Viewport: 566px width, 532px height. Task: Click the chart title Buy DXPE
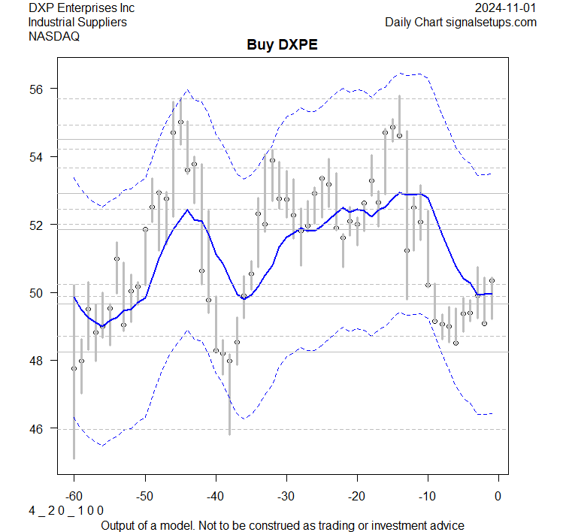282,45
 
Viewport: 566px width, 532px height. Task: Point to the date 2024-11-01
507,8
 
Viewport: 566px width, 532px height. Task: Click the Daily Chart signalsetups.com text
461,22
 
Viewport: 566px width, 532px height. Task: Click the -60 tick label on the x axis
74,496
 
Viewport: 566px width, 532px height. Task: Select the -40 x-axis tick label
215,496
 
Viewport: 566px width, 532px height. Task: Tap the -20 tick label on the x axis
356,496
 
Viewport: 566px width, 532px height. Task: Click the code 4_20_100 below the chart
66,510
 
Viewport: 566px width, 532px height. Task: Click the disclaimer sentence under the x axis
282,524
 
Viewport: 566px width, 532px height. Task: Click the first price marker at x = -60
74,368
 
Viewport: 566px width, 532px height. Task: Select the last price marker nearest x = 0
492,280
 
